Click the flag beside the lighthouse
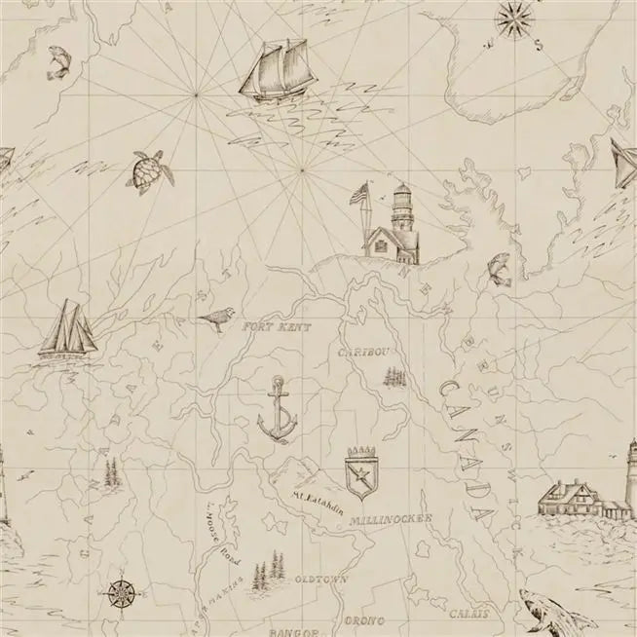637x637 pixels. tap(358, 194)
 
